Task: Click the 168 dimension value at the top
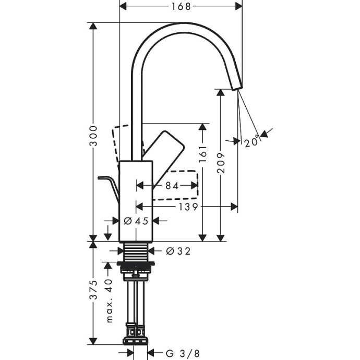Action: [181, 6]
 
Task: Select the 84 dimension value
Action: [172, 185]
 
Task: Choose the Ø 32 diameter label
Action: [178, 251]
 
